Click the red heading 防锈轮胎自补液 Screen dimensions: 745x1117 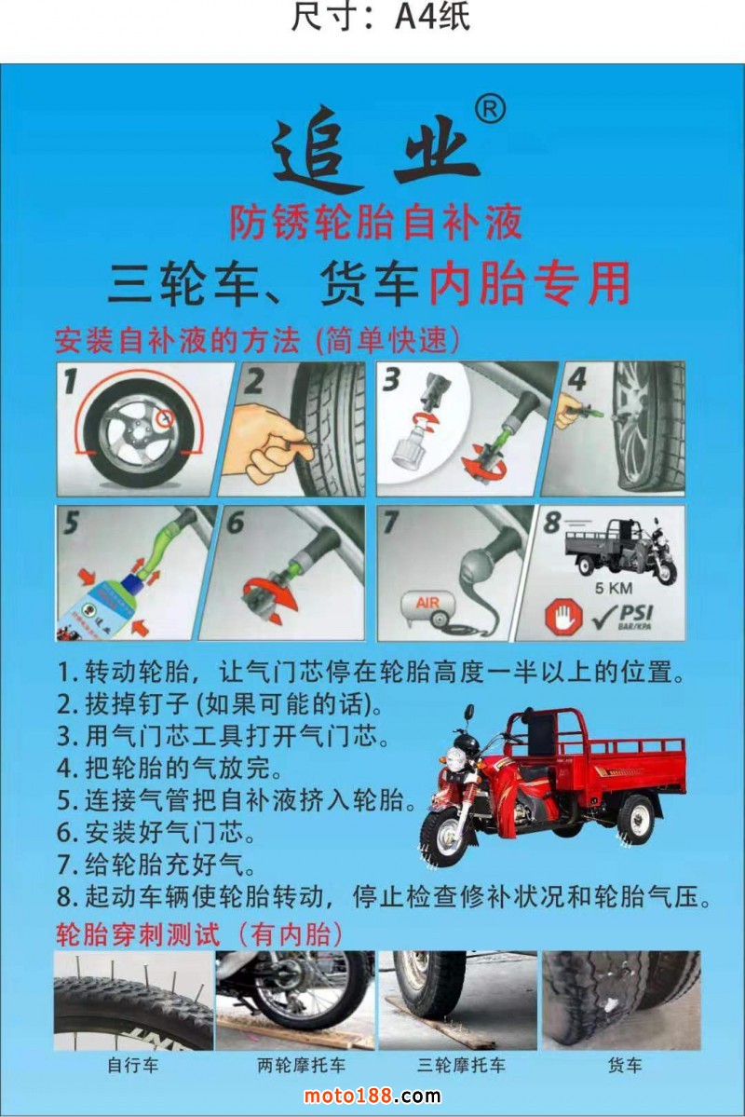pyautogui.click(x=376, y=222)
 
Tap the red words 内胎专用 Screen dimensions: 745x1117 pyautogui.click(x=530, y=283)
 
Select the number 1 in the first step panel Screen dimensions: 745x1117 pyautogui.click(x=70, y=380)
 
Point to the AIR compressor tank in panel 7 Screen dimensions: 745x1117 pyautogui.click(x=427, y=607)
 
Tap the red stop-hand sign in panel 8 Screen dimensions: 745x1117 pyautogui.click(x=562, y=616)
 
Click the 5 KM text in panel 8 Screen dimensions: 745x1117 pyautogui.click(x=614, y=589)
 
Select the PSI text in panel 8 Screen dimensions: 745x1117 pyautogui.click(x=635, y=613)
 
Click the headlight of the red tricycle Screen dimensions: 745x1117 pyautogui.click(x=455, y=758)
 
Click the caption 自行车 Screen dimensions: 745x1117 pyautogui.click(x=132, y=1065)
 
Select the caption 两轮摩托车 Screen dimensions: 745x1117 pyautogui.click(x=302, y=1065)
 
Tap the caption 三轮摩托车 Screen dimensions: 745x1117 pyautogui.click(x=462, y=1065)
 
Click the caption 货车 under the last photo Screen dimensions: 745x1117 pyautogui.click(x=625, y=1065)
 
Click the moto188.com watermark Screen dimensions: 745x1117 pyautogui.click(x=372, y=1096)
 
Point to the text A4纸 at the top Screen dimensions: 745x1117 pyautogui.click(x=432, y=17)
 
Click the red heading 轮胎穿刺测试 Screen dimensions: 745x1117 pyautogui.click(x=138, y=933)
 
